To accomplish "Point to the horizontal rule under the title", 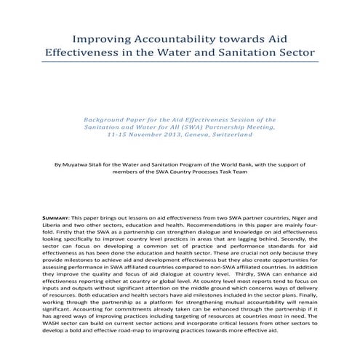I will point(180,66).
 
